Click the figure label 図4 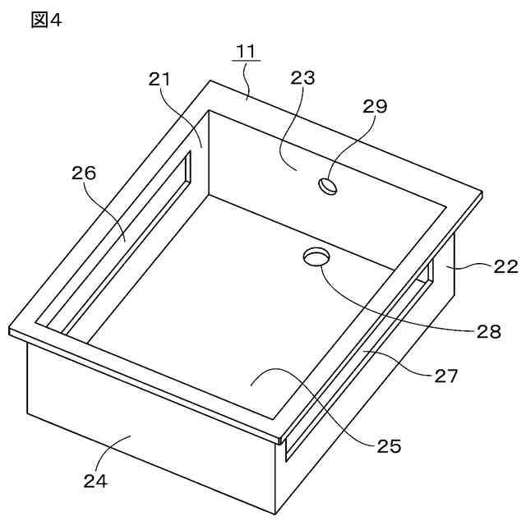(46, 20)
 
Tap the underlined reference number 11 (246, 51)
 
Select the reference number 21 (159, 79)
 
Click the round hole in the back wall (328, 187)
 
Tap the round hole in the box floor (315, 257)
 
